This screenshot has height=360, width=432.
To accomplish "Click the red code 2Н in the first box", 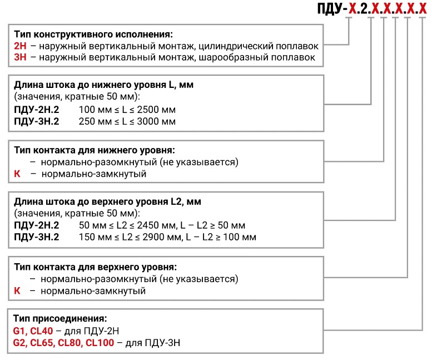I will (20, 46).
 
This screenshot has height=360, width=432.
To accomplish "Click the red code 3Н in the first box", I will (20, 57).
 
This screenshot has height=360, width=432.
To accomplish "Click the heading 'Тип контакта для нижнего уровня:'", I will (95, 150).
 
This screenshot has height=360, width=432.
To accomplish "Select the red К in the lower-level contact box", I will (17, 174).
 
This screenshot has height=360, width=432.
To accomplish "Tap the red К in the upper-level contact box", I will (17, 290).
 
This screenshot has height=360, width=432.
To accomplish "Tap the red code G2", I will (20, 343).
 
